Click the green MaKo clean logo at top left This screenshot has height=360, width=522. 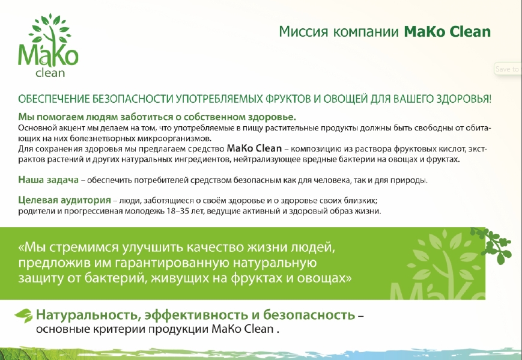(x=48, y=46)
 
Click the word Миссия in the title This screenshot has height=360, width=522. (x=303, y=32)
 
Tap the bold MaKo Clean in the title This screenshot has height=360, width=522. (x=447, y=32)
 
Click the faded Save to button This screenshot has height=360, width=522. (x=508, y=69)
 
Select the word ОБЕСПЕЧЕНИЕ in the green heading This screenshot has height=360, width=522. (x=54, y=99)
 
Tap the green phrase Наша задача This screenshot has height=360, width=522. (x=48, y=180)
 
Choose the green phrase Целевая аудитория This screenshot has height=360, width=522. (x=64, y=200)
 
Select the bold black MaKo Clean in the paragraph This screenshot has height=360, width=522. (x=254, y=148)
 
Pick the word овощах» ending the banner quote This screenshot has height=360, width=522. (x=324, y=278)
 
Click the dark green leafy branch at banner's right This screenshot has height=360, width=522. (x=493, y=245)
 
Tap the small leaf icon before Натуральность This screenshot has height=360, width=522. (x=23, y=316)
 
